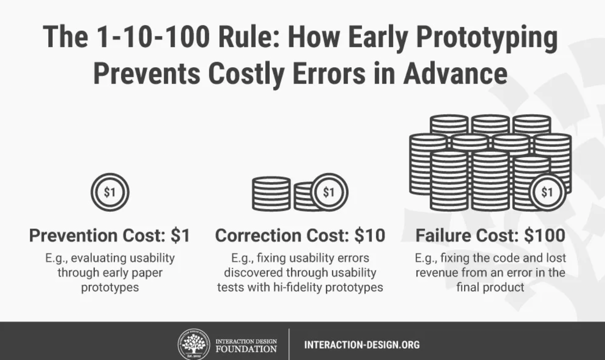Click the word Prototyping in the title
(x=487, y=38)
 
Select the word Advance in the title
(x=455, y=74)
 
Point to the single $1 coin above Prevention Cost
(x=110, y=192)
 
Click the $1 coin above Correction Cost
(x=329, y=192)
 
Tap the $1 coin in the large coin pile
(x=547, y=192)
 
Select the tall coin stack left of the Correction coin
(x=272, y=194)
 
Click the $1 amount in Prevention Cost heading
(x=180, y=235)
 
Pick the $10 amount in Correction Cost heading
(x=370, y=235)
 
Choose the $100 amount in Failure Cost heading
(x=544, y=235)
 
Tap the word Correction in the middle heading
(x=259, y=235)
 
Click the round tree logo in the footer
(x=194, y=344)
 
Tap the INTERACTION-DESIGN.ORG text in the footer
(x=362, y=345)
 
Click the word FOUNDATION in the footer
(x=246, y=349)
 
